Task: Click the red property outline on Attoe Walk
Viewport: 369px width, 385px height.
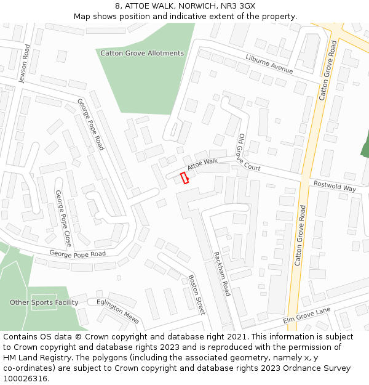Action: pos(184,178)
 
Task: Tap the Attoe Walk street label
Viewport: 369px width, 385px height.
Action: pos(202,164)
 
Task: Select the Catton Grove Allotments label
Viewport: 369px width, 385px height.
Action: pos(143,54)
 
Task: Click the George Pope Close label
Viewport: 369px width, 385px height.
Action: pos(63,218)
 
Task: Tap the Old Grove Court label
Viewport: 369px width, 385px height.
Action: pos(248,153)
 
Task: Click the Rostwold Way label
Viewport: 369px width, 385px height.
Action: pos(335,187)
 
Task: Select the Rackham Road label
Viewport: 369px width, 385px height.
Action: pos(221,274)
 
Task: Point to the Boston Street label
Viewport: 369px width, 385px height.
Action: pos(196,294)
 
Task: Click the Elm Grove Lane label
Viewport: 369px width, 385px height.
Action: pos(306,315)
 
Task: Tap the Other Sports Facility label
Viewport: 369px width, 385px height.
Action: pos(44,302)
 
